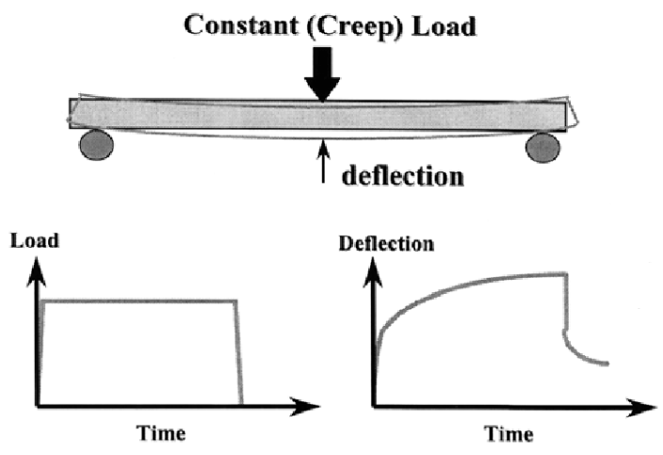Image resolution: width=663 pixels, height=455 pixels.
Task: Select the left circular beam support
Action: [x=97, y=146]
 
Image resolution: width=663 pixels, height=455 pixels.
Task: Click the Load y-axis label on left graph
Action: [x=35, y=240]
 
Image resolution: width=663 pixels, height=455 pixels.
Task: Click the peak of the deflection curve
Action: [x=563, y=274]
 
